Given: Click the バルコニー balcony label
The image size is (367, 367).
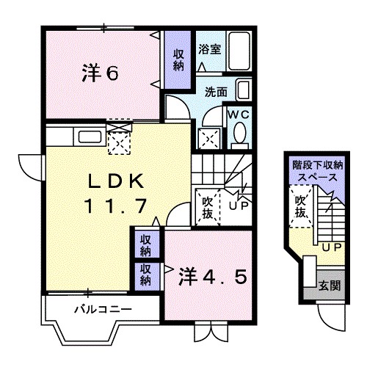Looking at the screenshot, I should (x=102, y=308).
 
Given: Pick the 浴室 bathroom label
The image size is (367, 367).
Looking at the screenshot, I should (x=209, y=50).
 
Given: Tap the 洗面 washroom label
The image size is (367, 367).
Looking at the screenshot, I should (x=216, y=93).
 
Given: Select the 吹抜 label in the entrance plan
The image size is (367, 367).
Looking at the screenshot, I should (x=300, y=206).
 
